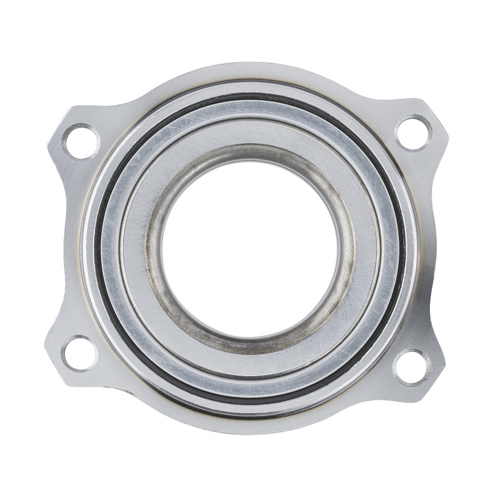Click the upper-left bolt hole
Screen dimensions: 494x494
81,141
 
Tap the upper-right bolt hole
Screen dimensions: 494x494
413,133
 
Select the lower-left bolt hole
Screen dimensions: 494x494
80,353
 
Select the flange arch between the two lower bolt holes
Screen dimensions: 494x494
247,426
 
